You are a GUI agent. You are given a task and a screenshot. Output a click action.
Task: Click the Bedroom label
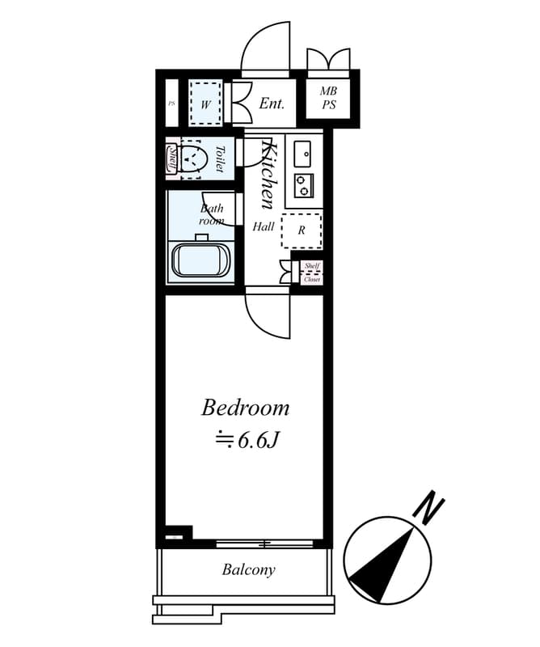click(245, 407)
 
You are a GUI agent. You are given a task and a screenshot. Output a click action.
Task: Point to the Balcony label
click(248, 570)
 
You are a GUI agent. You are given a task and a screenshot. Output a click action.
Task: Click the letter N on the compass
click(429, 507)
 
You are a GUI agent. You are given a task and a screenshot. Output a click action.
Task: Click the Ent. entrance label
click(272, 104)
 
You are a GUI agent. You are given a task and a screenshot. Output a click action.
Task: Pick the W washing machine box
click(205, 104)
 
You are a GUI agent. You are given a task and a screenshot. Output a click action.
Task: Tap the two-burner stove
click(304, 185)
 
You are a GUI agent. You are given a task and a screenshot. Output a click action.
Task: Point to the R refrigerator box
click(302, 230)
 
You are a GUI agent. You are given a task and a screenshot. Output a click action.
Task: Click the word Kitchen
click(270, 175)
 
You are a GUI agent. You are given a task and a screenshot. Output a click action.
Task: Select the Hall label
click(264, 226)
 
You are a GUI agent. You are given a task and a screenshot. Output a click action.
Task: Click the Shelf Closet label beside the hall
click(312, 272)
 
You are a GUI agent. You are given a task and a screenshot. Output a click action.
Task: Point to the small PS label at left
click(171, 104)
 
